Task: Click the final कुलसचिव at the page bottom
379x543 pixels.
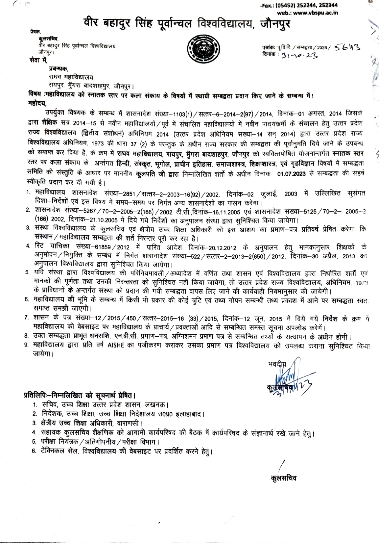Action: coord(282,478)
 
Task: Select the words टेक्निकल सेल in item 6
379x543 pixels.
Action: coord(59,451)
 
